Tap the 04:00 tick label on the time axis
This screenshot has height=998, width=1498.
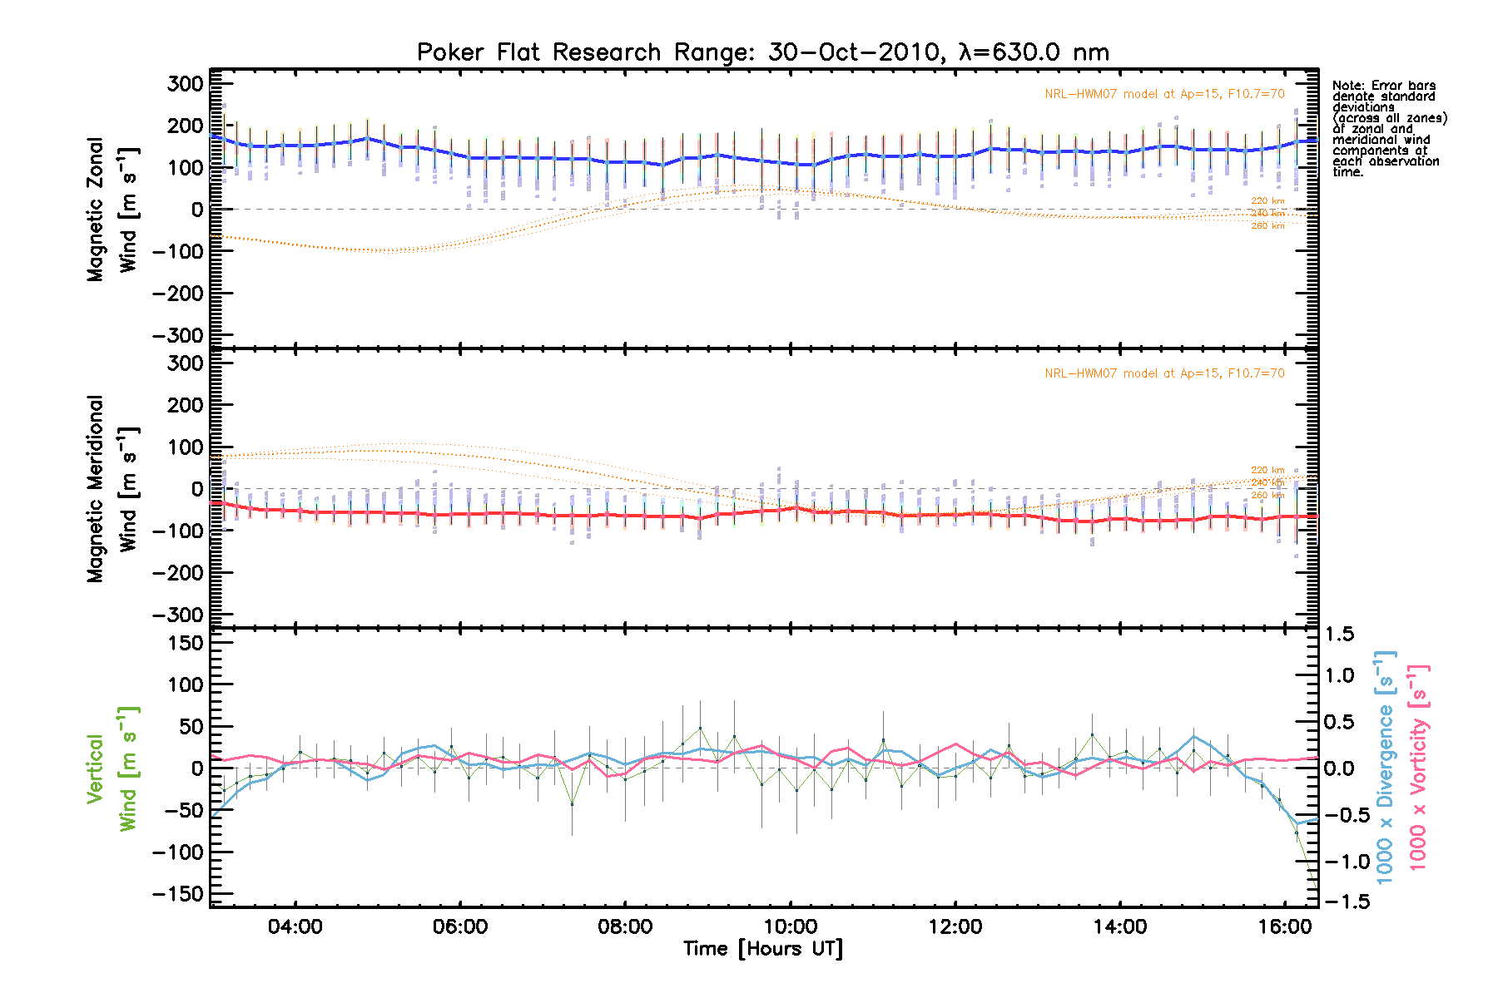(295, 926)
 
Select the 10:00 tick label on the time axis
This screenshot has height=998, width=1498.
(790, 926)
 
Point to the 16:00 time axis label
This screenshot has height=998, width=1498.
(1285, 926)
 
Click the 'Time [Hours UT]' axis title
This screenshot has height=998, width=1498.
(762, 949)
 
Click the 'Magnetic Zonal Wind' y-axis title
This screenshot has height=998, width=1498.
(112, 210)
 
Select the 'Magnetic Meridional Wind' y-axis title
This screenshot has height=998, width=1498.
(112, 489)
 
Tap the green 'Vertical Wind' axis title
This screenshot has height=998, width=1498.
(112, 768)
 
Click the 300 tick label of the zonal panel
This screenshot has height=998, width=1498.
(185, 84)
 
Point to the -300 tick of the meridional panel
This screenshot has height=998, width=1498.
(178, 615)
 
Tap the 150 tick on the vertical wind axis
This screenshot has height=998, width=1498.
(185, 643)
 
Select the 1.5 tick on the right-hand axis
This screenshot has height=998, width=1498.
(1339, 635)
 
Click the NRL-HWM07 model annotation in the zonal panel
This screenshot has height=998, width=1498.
(1164, 94)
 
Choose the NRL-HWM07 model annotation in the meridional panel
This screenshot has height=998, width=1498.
(1164, 373)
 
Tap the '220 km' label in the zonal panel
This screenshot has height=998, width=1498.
(1267, 201)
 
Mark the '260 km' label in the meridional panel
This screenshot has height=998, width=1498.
(1267, 496)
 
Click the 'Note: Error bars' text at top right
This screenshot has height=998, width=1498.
(1383, 86)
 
